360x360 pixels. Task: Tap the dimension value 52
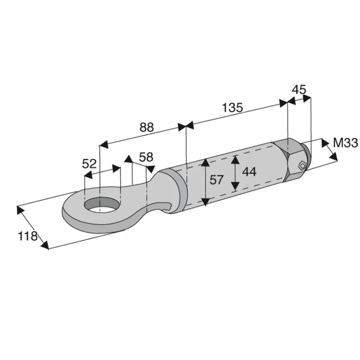[x=89, y=164]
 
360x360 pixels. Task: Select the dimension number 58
[x=146, y=157]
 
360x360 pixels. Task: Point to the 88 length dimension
[x=147, y=127]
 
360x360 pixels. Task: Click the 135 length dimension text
[x=232, y=107]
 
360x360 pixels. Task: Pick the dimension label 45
[x=299, y=89]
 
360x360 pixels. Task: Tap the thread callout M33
[x=345, y=143]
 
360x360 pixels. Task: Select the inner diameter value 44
[x=249, y=171]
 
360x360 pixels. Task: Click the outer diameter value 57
[x=216, y=180]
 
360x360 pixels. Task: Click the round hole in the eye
[x=103, y=204]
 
